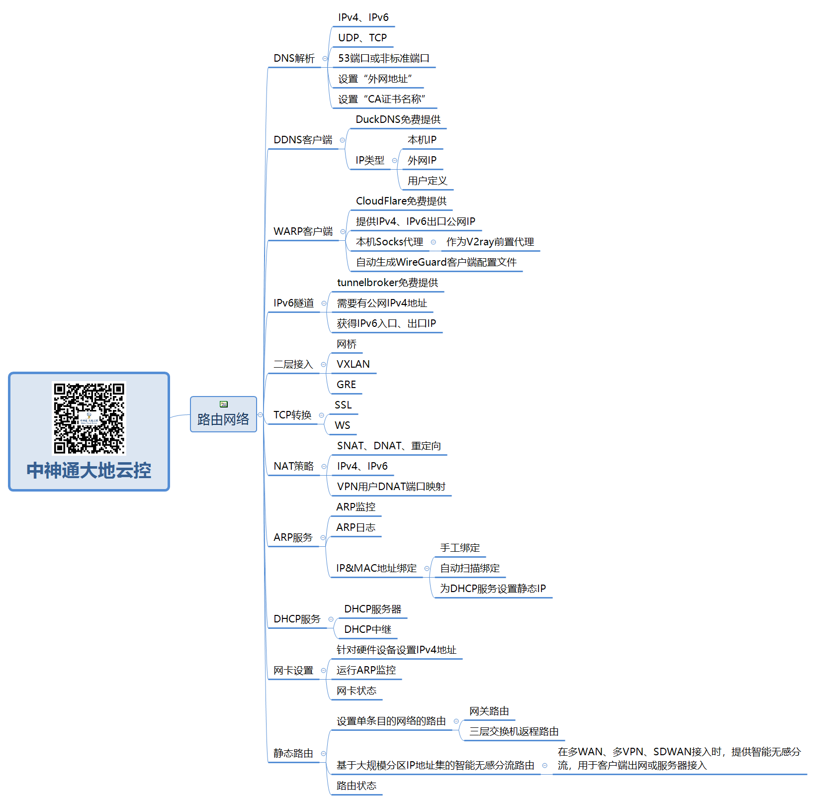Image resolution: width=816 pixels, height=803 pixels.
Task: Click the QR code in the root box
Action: coord(89,418)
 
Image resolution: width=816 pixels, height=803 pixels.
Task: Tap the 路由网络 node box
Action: coord(223,414)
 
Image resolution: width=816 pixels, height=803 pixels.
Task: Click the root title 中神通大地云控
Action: coord(89,470)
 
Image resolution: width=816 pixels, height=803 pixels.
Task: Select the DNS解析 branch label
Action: coord(294,58)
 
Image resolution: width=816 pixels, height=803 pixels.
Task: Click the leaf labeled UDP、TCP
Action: coord(363,38)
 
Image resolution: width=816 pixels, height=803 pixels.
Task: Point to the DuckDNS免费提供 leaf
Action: coord(398,119)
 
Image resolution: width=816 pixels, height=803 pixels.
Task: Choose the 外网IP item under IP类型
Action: coord(422,160)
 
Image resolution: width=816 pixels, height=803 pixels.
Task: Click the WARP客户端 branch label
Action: coord(303,231)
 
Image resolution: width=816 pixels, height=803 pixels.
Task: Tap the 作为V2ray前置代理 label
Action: coord(490,242)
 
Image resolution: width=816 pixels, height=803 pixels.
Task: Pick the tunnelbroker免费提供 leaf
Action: coord(387,283)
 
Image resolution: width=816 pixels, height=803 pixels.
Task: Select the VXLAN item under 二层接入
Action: coord(353,364)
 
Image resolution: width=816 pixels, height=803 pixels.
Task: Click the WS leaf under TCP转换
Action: coord(343,425)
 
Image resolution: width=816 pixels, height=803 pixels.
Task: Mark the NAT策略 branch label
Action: coord(294,466)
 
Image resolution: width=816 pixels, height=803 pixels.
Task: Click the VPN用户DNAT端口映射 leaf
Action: coord(391,487)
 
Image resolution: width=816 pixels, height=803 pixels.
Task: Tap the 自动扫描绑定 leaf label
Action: coord(470,568)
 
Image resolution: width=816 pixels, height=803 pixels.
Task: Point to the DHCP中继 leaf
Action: coord(368,629)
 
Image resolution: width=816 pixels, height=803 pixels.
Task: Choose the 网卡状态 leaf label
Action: coord(357,691)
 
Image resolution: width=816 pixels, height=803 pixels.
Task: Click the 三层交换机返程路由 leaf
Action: coord(514,731)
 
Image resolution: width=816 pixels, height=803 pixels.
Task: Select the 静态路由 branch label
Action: coord(293,753)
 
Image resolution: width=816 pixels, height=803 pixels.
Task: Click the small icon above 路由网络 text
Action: coord(224,404)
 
